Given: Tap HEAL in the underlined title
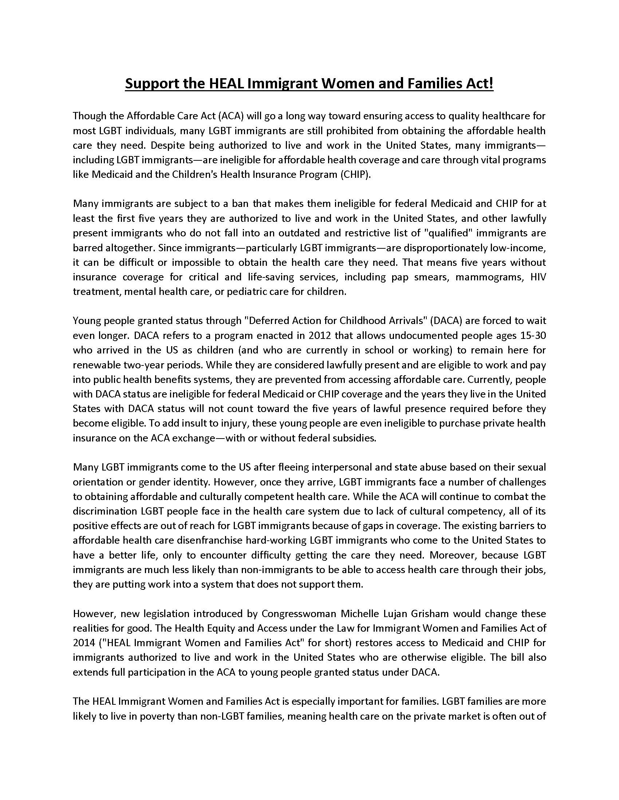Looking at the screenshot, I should click(226, 84).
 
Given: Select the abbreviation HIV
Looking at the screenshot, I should click(538, 277).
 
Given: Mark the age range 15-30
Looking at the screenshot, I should click(533, 336).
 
